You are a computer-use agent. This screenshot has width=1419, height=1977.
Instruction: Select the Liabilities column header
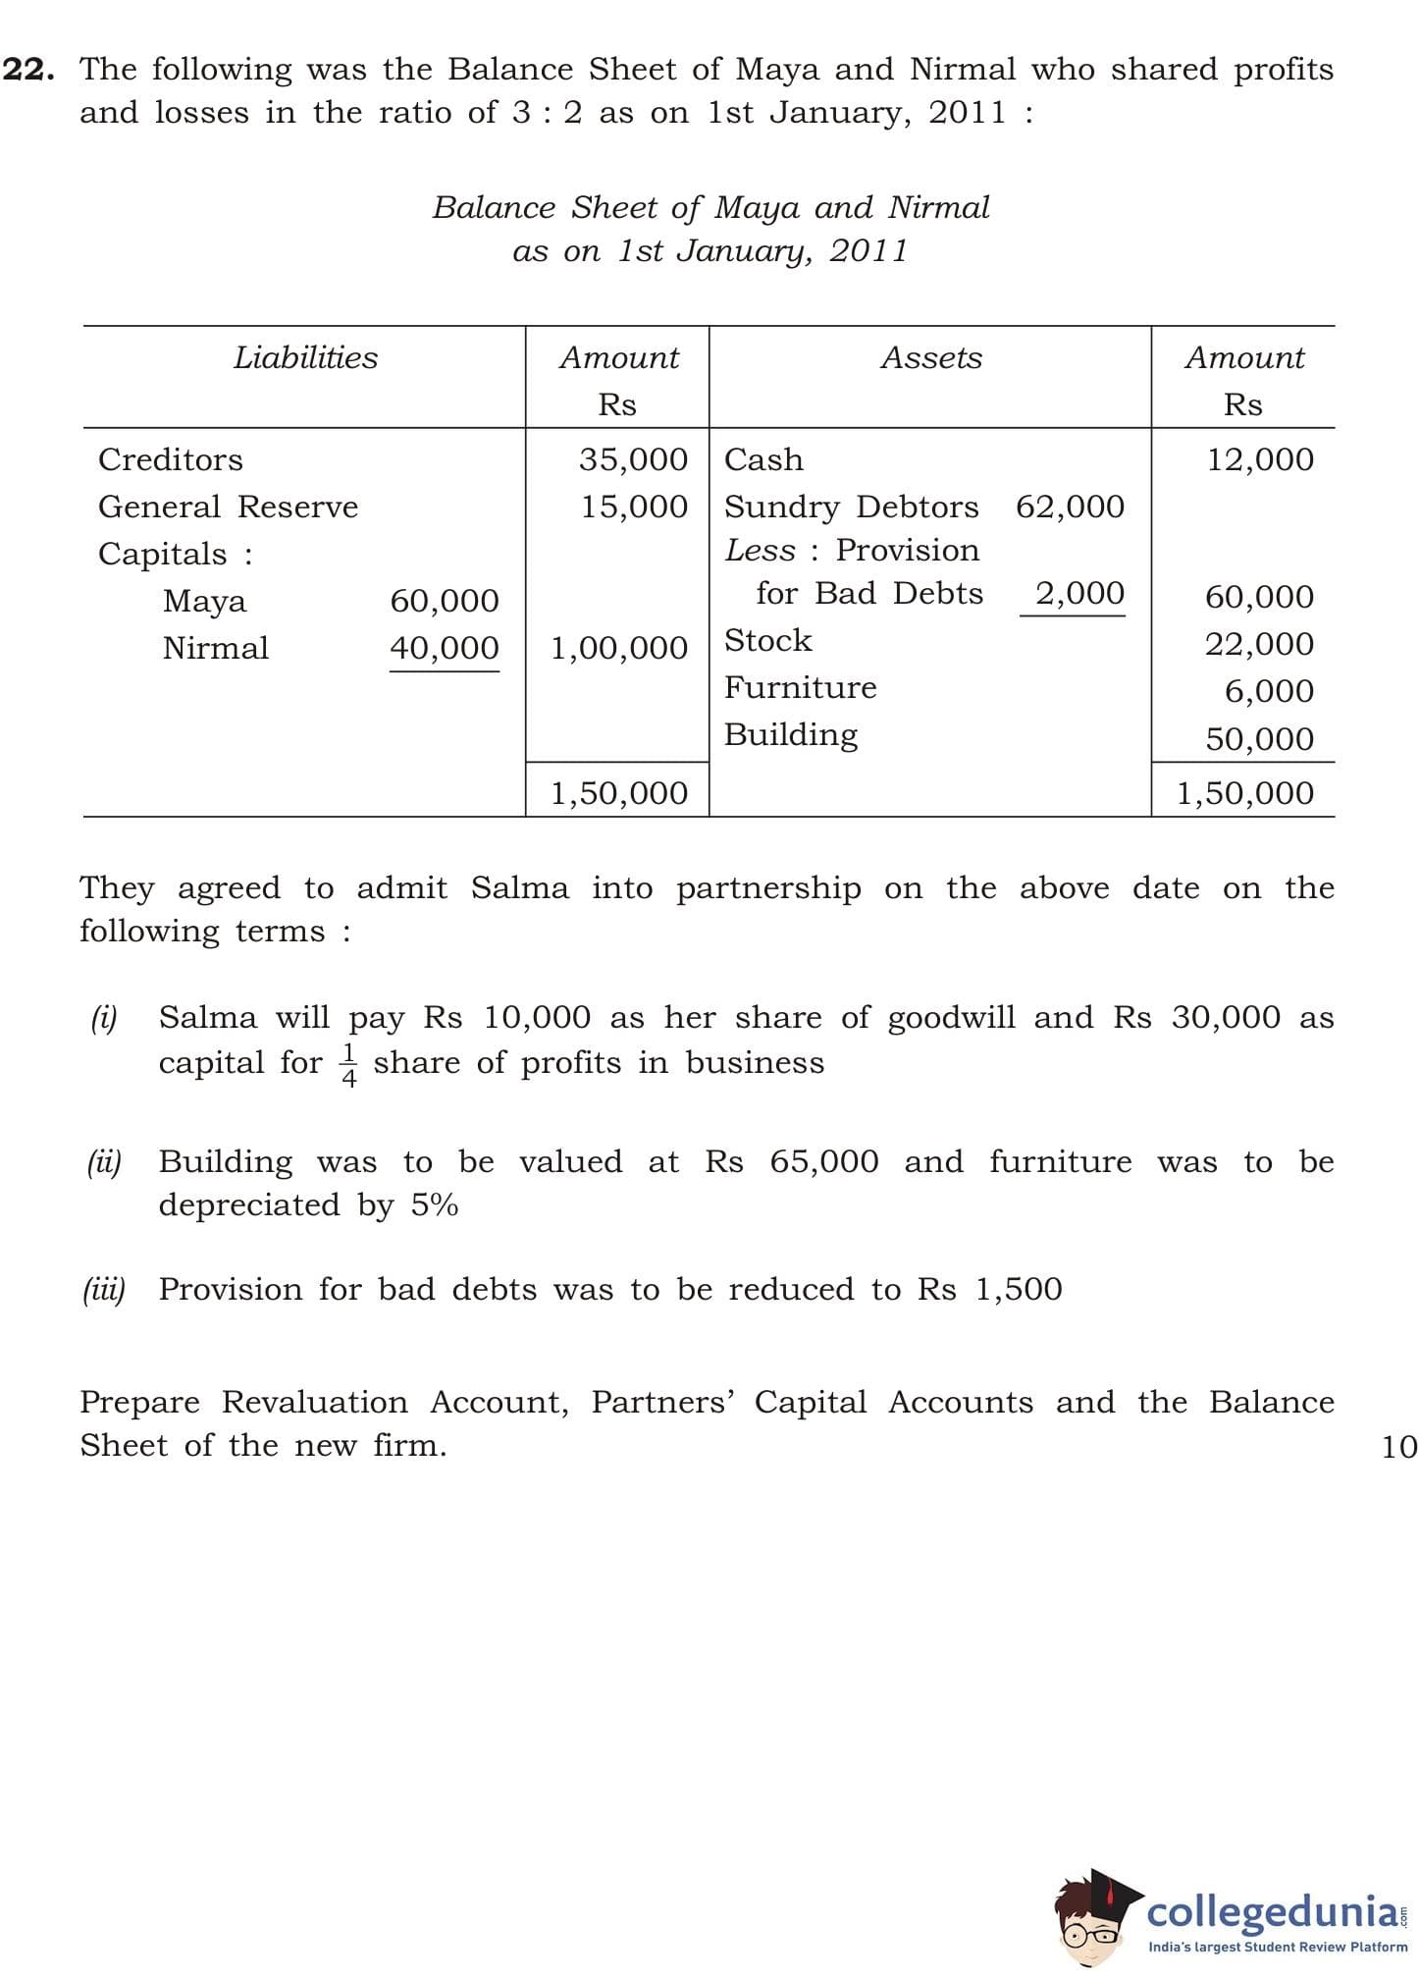point(305,358)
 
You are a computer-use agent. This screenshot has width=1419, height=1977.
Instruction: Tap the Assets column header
point(930,358)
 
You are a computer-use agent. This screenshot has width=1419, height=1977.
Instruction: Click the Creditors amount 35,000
point(633,459)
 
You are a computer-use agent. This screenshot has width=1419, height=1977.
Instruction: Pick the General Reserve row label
point(228,507)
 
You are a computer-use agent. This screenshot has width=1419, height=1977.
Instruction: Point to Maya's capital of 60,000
point(444,601)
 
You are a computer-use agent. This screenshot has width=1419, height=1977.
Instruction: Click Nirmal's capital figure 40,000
point(444,648)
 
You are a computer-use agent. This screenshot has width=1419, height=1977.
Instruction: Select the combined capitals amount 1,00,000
point(619,648)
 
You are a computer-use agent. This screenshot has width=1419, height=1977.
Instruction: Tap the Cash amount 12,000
point(1259,459)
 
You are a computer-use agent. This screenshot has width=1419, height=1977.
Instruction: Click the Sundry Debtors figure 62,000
point(1070,507)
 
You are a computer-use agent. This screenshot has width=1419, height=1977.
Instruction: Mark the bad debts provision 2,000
point(1079,593)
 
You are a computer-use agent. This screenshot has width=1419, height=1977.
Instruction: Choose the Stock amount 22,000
point(1259,644)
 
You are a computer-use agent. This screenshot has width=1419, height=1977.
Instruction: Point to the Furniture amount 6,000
point(1269,691)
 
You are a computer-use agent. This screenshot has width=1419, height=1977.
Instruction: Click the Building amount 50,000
point(1259,738)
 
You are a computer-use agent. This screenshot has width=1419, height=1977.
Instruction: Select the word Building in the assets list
point(791,734)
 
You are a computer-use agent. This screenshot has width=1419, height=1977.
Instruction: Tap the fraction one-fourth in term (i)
point(348,1065)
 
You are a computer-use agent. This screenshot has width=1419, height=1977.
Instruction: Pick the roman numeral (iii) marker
point(104,1289)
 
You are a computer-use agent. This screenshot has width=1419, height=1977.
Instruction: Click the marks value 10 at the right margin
point(1398,1446)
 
